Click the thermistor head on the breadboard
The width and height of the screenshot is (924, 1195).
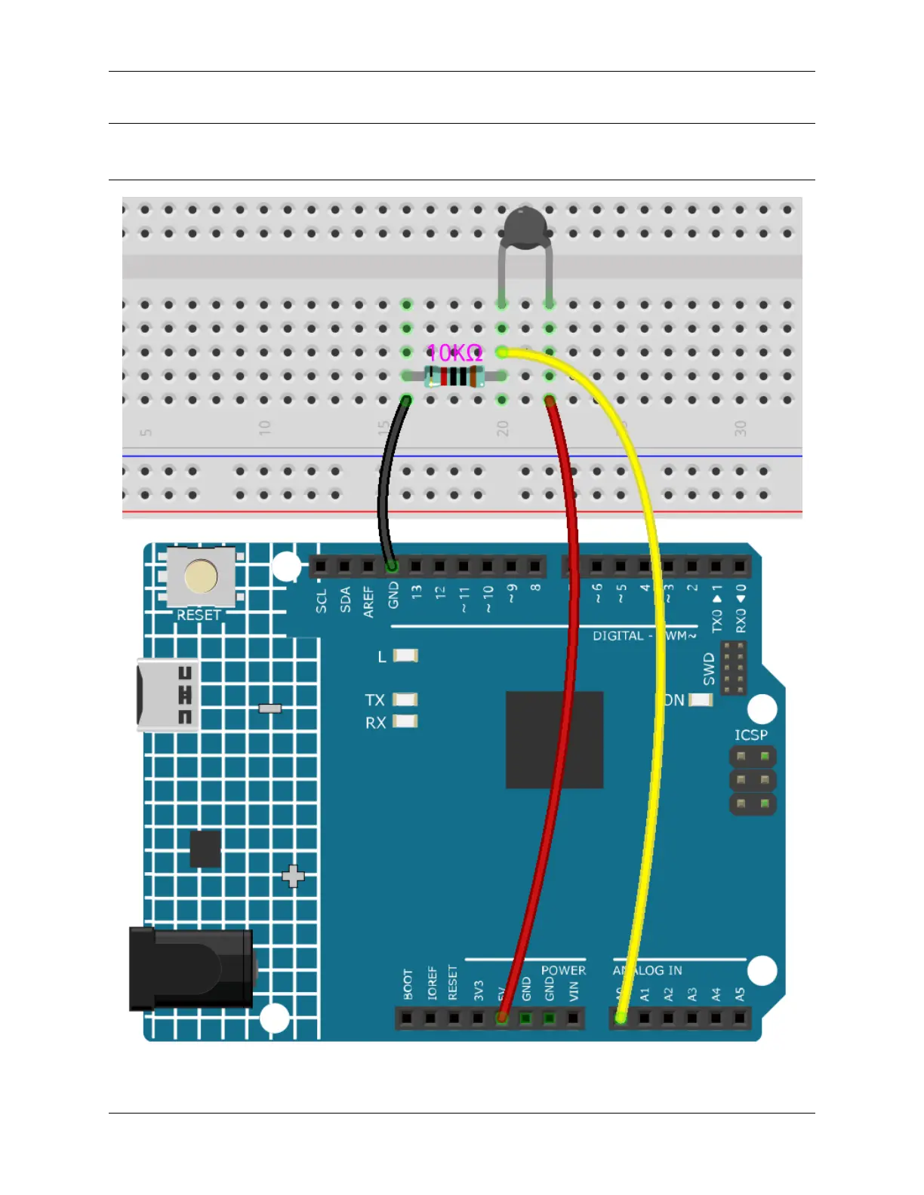(x=525, y=224)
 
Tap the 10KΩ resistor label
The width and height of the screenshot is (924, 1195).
(x=454, y=352)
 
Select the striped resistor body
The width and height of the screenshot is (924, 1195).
(x=454, y=376)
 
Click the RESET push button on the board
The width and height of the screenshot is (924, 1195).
(x=201, y=577)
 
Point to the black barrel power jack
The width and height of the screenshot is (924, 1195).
(x=192, y=969)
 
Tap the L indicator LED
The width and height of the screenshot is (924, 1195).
(x=405, y=656)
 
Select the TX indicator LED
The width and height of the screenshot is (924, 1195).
(x=405, y=700)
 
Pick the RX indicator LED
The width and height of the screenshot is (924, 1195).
(x=405, y=722)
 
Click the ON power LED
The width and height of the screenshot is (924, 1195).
(x=701, y=700)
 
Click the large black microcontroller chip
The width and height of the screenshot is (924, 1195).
(x=554, y=739)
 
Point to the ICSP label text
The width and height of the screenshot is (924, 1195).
(x=751, y=735)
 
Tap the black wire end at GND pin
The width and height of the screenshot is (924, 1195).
(x=392, y=566)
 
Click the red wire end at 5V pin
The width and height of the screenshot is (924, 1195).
(x=501, y=1018)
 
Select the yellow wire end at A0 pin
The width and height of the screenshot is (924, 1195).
(x=621, y=1018)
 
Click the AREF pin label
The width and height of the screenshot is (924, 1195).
(x=368, y=602)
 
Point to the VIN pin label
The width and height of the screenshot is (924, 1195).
(x=574, y=990)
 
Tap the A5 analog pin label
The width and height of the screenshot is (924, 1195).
(x=740, y=994)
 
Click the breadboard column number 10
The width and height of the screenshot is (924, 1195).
(x=264, y=427)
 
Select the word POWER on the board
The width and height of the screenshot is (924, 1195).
(x=563, y=970)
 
